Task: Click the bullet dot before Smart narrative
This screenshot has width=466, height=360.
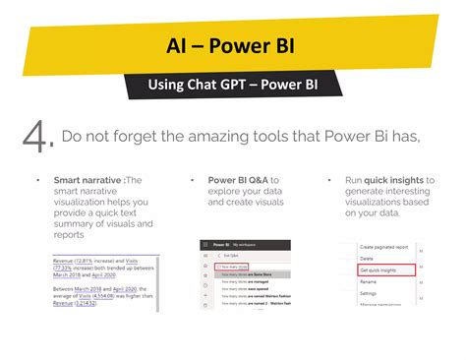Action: (x=37, y=181)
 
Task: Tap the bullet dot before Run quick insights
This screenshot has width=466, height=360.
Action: (x=332, y=181)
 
